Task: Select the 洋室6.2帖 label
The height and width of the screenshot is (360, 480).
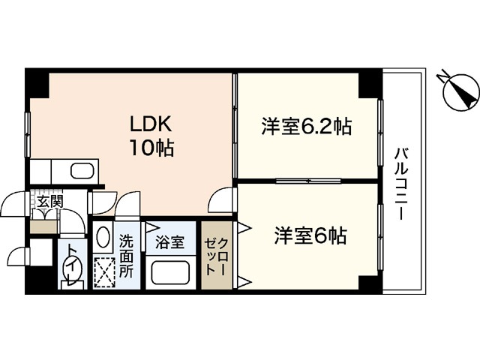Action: point(307,127)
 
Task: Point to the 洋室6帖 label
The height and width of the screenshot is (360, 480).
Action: point(309,235)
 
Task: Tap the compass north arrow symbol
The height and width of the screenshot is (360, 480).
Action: point(457,93)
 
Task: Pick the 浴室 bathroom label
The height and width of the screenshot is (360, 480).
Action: point(169,242)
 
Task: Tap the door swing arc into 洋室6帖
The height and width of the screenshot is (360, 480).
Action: point(221,199)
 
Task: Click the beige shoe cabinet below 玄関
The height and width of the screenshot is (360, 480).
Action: point(43,223)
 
